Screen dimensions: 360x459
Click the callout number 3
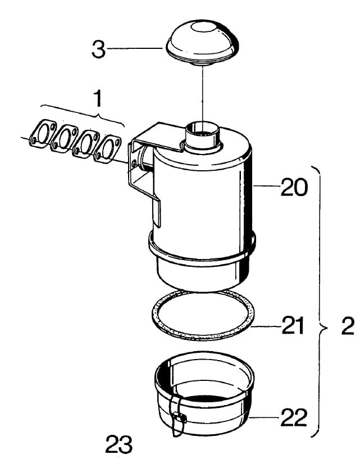(x=98, y=49)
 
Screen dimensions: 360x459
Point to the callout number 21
(x=293, y=325)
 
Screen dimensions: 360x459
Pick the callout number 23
(x=119, y=444)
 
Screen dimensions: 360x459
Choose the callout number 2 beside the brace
(x=348, y=326)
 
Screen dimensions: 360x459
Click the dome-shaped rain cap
(x=203, y=43)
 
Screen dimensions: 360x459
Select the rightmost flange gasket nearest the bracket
(x=107, y=148)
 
